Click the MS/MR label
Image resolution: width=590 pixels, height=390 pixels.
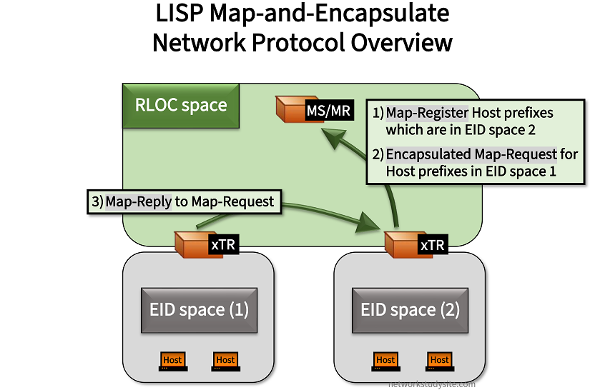click(328, 111)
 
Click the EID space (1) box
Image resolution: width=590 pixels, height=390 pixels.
click(199, 310)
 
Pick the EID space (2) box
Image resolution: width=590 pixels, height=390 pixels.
click(410, 310)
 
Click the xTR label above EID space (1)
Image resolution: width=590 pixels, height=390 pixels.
click(222, 245)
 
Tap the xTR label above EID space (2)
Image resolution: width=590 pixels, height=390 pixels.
click(432, 245)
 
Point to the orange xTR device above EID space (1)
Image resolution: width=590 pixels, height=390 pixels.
click(192, 244)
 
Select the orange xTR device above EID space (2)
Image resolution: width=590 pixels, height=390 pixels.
click(402, 244)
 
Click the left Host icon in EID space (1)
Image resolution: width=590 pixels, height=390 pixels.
click(172, 361)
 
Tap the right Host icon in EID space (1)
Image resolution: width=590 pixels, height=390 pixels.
click(225, 361)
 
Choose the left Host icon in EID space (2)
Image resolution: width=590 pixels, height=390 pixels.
click(385, 361)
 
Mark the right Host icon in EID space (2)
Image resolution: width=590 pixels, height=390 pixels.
click(439, 361)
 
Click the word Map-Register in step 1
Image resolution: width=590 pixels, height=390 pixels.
click(427, 113)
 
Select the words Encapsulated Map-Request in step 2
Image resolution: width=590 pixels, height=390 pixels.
click(471, 154)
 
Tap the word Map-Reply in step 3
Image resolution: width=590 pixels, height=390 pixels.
click(139, 201)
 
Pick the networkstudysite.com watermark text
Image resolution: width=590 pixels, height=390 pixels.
click(431, 383)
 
